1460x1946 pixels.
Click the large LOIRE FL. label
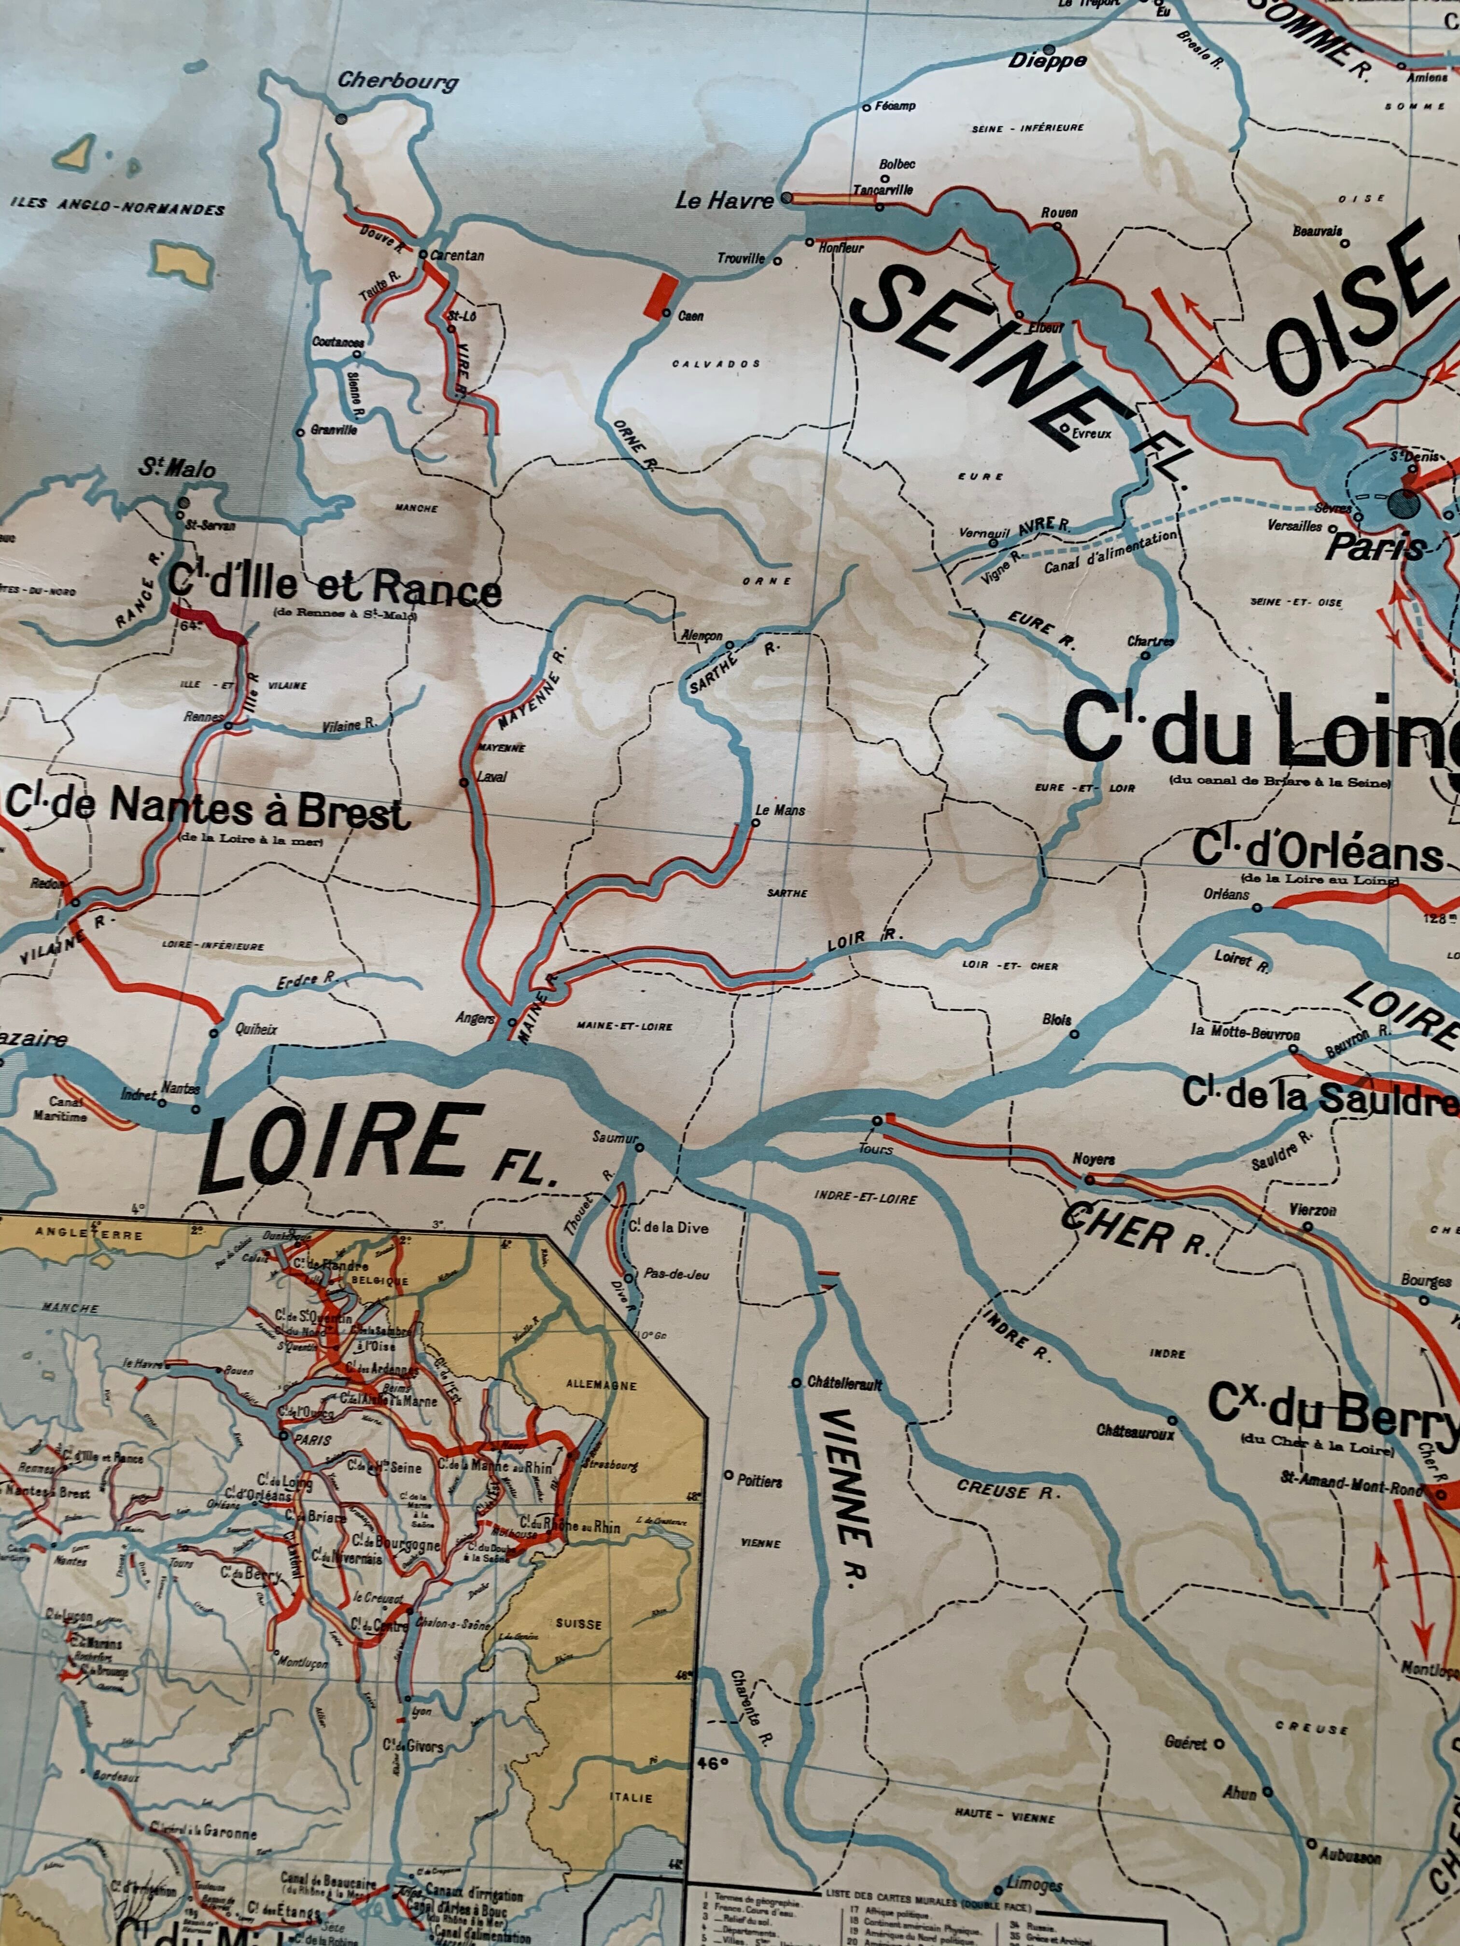click(x=343, y=1144)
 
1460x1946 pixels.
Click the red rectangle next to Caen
click(x=662, y=295)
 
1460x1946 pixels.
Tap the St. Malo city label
click(x=176, y=470)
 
